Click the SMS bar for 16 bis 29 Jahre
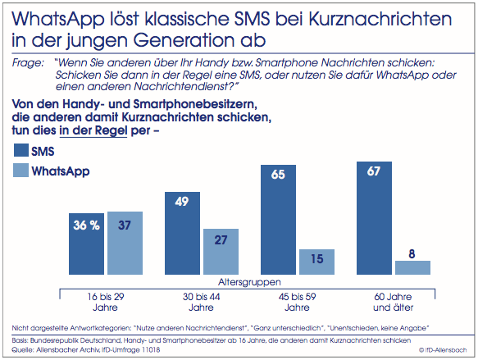tap(86, 244)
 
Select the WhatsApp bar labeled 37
tap(125, 243)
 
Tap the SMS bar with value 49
tap(182, 233)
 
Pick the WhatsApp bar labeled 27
tap(221, 252)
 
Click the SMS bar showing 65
tap(278, 220)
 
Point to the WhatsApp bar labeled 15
tap(317, 262)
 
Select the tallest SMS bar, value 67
tap(375, 218)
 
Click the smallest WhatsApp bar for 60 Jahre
tap(413, 267)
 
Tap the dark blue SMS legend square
tap(21, 150)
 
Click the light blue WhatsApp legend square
tap(21, 170)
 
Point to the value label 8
tap(412, 254)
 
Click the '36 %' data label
tap(87, 226)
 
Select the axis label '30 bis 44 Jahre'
tap(201, 302)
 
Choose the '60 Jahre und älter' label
tap(393, 302)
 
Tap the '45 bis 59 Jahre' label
tap(297, 302)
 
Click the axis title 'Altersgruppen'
tap(249, 282)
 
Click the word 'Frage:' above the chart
tap(28, 63)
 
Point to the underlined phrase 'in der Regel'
tap(93, 130)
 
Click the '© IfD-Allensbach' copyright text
tap(443, 350)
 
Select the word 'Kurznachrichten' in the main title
tap(380, 19)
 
